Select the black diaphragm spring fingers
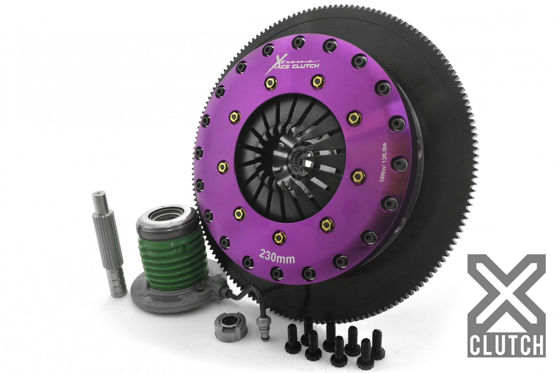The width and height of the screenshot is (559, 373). (267, 174)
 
